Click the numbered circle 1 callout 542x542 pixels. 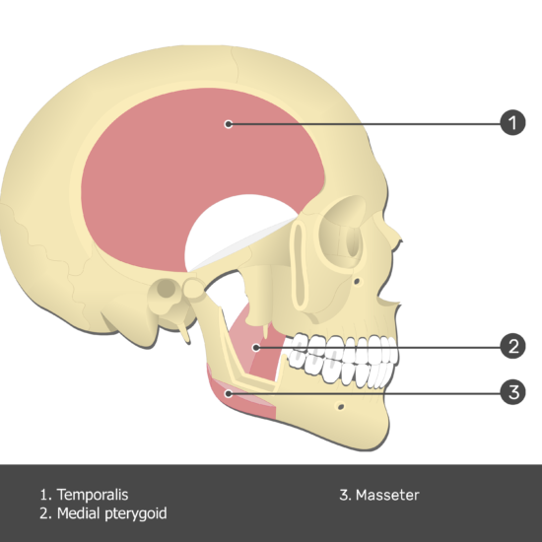tap(513, 123)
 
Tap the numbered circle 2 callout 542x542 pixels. tap(513, 346)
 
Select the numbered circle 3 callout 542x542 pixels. tap(513, 392)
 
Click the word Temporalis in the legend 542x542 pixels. tap(93, 495)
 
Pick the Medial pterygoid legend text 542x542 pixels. tap(111, 513)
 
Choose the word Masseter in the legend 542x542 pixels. tap(387, 495)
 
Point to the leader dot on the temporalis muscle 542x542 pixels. tap(229, 124)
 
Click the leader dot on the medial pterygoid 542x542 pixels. tap(256, 347)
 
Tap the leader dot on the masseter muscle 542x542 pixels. tap(229, 393)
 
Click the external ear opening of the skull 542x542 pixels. tap(167, 288)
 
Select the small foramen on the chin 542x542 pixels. tap(341, 406)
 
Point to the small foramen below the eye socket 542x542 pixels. tap(358, 282)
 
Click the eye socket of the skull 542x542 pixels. tap(343, 233)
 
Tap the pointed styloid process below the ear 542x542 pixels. tap(185, 333)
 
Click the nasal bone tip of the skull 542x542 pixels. tap(401, 240)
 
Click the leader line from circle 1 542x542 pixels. tap(366, 124)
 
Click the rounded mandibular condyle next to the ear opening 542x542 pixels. tap(194, 288)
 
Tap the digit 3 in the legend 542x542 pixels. tap(344, 495)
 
